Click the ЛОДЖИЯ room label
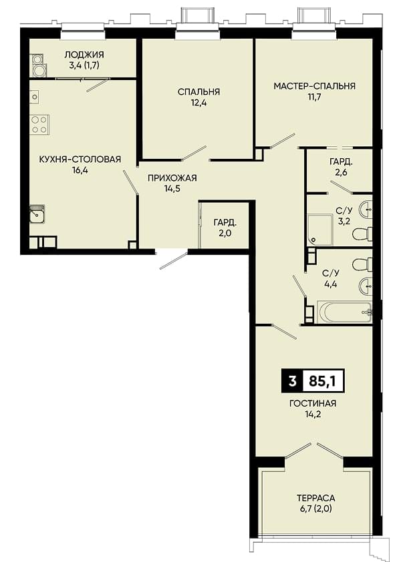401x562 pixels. point(84,55)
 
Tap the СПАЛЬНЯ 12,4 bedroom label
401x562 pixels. point(198,97)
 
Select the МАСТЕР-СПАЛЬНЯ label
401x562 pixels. point(315,86)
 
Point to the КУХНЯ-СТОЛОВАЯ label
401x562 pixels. point(80,159)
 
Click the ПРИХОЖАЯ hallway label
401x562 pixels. point(172,178)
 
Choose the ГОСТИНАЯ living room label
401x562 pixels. point(313,404)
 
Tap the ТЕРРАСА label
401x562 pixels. point(316,498)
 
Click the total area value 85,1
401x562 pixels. point(322,381)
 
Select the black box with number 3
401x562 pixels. point(293,381)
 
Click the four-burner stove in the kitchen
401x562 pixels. point(39,125)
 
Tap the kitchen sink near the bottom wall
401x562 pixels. point(37,214)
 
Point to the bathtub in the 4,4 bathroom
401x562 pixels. point(344,312)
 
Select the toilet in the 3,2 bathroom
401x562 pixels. point(362,234)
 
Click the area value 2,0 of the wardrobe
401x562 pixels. point(225,233)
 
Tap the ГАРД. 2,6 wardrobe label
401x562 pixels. point(341,167)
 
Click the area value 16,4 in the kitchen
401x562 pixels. point(80,170)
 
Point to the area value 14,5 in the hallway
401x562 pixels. point(172,188)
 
